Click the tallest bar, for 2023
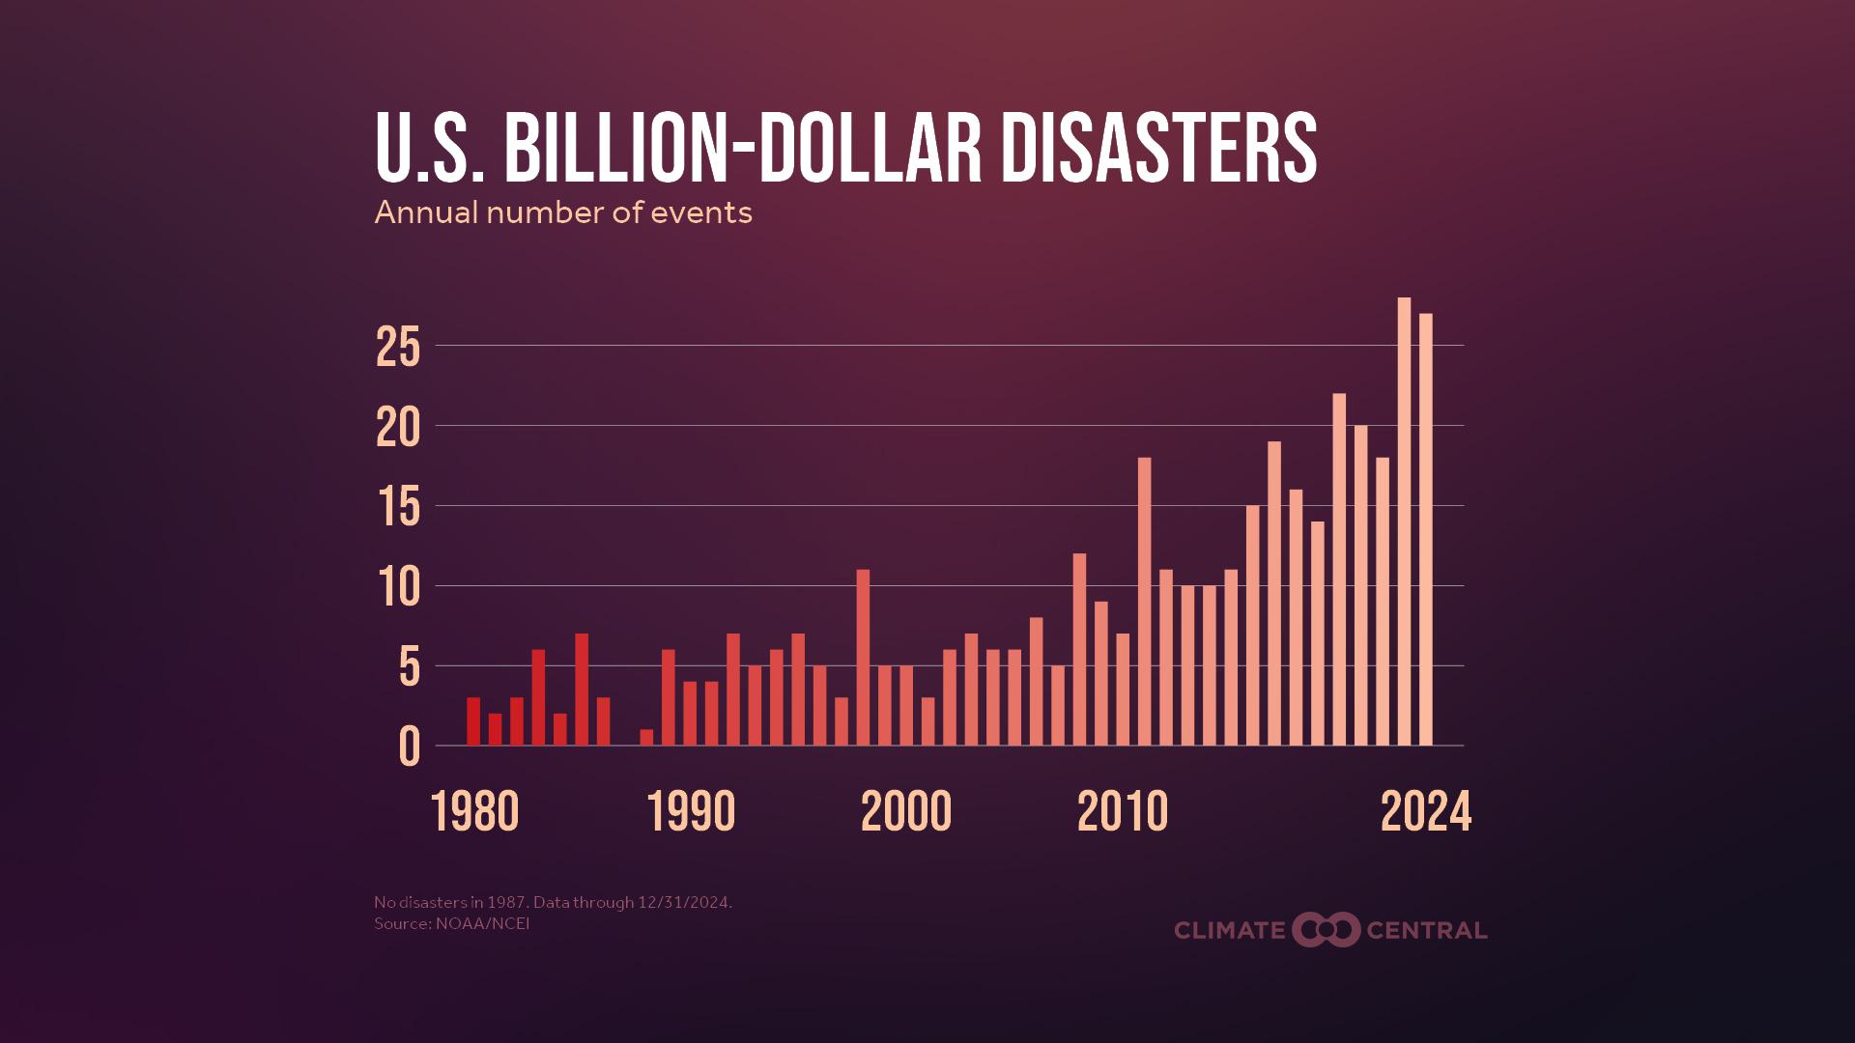[x=1404, y=521]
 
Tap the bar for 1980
[x=473, y=721]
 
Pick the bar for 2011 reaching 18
[x=1144, y=601]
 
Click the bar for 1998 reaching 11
[x=863, y=657]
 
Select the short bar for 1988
[x=646, y=737]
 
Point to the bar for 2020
[x=1339, y=569]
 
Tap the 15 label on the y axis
[x=398, y=508]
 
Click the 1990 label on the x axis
[x=691, y=812]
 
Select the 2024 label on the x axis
[x=1425, y=812]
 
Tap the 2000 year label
[x=905, y=812]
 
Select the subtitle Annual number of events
[x=562, y=212]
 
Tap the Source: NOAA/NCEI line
[x=451, y=924]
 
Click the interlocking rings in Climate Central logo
[x=1326, y=930]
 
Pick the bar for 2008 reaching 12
[x=1079, y=649]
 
